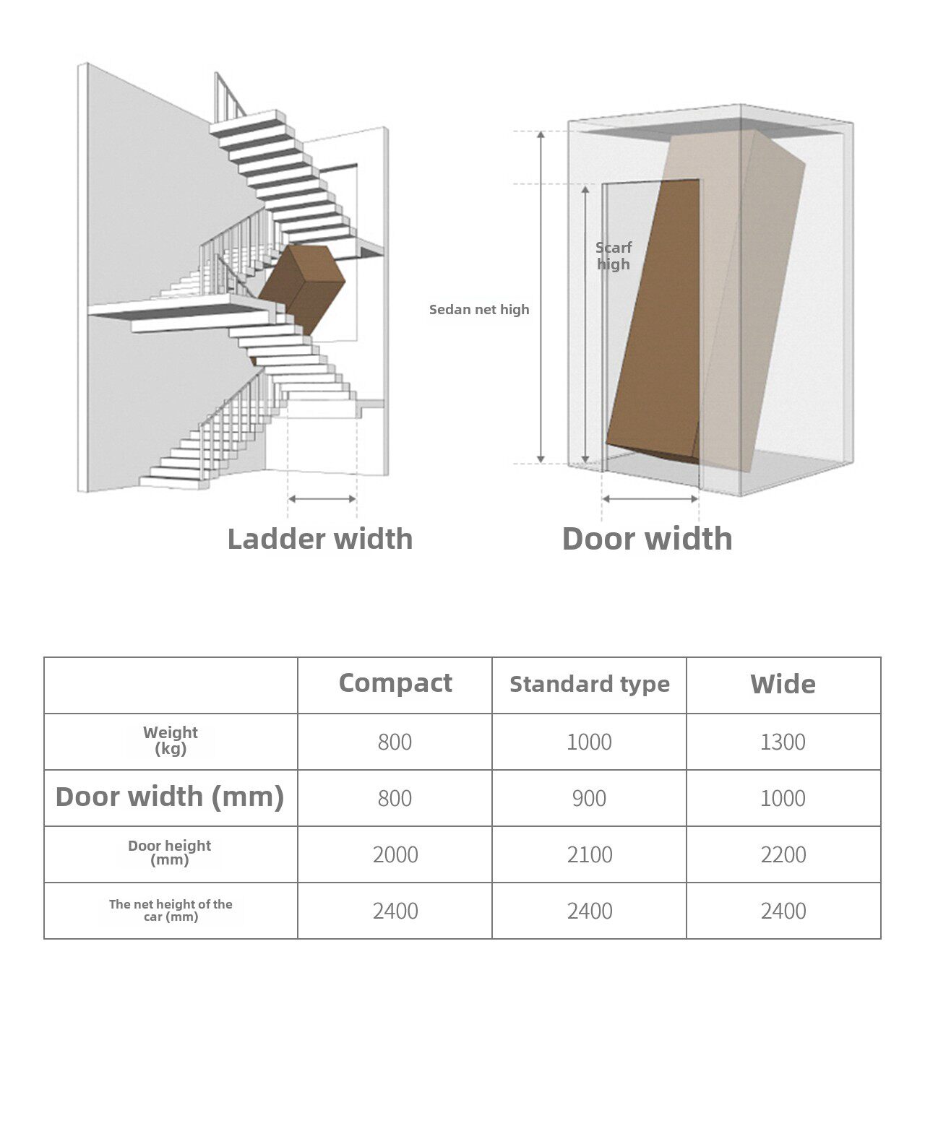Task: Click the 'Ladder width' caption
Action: pos(319,539)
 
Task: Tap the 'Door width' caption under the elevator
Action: pos(647,539)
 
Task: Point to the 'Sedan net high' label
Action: pos(479,310)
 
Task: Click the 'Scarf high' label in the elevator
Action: pos(614,256)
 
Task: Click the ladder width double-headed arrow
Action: pos(322,498)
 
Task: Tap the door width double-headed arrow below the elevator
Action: pos(650,498)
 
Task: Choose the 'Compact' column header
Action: pos(395,683)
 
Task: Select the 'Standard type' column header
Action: pos(589,684)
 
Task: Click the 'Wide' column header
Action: pos(783,684)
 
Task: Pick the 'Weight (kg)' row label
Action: pos(171,740)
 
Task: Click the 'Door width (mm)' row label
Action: pos(170,797)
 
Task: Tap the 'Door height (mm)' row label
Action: pos(170,852)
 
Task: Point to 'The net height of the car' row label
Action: pos(171,910)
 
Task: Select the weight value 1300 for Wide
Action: pos(783,742)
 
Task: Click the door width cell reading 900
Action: pos(589,798)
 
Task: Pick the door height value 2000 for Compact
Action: pos(395,854)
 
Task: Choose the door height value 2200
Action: pos(783,854)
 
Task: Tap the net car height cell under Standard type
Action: pos(589,911)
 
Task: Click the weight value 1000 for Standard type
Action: pos(589,742)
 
